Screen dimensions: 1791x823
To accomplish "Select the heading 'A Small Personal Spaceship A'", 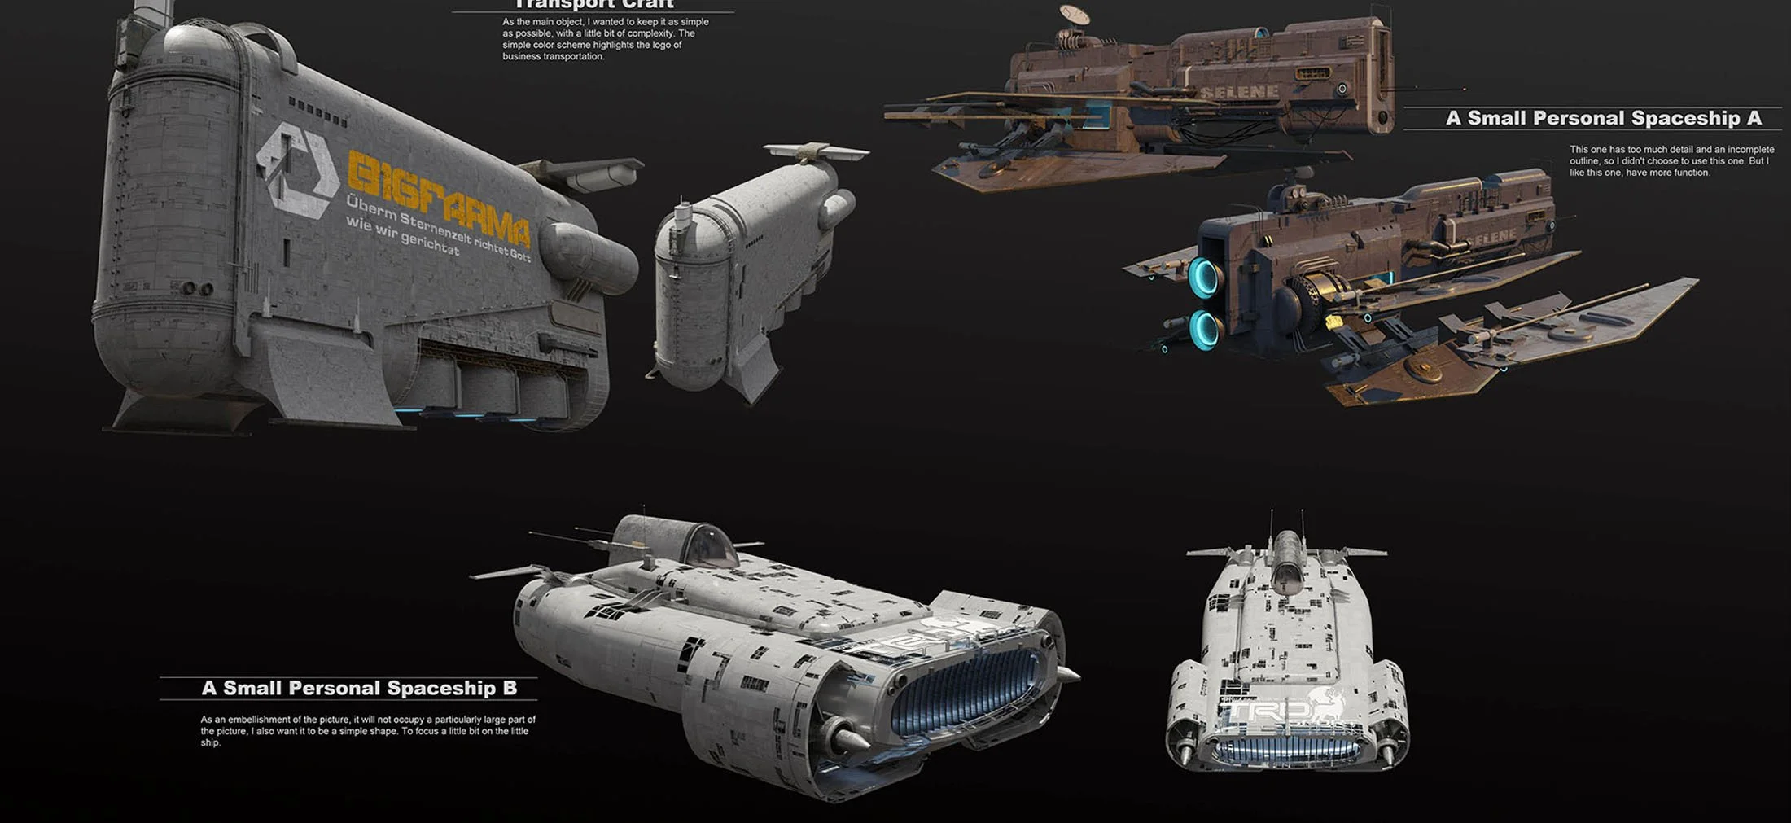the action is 1603,118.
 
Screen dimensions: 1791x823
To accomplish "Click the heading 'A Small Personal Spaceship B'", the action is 359,689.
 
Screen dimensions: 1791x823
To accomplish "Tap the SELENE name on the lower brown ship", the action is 1493,237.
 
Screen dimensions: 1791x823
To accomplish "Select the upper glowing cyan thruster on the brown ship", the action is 1203,276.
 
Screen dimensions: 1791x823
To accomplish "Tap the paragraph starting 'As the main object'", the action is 605,39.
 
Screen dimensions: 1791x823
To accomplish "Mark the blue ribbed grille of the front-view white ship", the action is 1286,749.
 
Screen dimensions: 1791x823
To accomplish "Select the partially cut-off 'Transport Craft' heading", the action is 593,5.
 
